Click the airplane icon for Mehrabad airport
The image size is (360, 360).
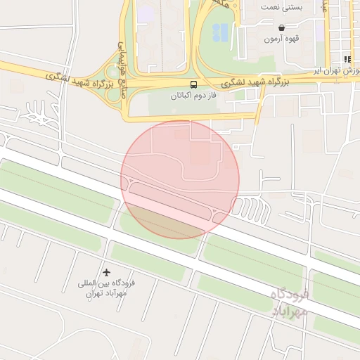(x=106, y=272)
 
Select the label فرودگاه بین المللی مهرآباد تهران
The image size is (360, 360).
(x=105, y=289)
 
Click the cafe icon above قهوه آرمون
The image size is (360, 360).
(x=281, y=27)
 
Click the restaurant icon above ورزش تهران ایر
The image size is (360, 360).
(x=347, y=59)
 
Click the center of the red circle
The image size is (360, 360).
(x=180, y=179)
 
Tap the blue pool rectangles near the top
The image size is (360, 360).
(x=220, y=32)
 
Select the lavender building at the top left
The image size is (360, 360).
(x=146, y=13)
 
